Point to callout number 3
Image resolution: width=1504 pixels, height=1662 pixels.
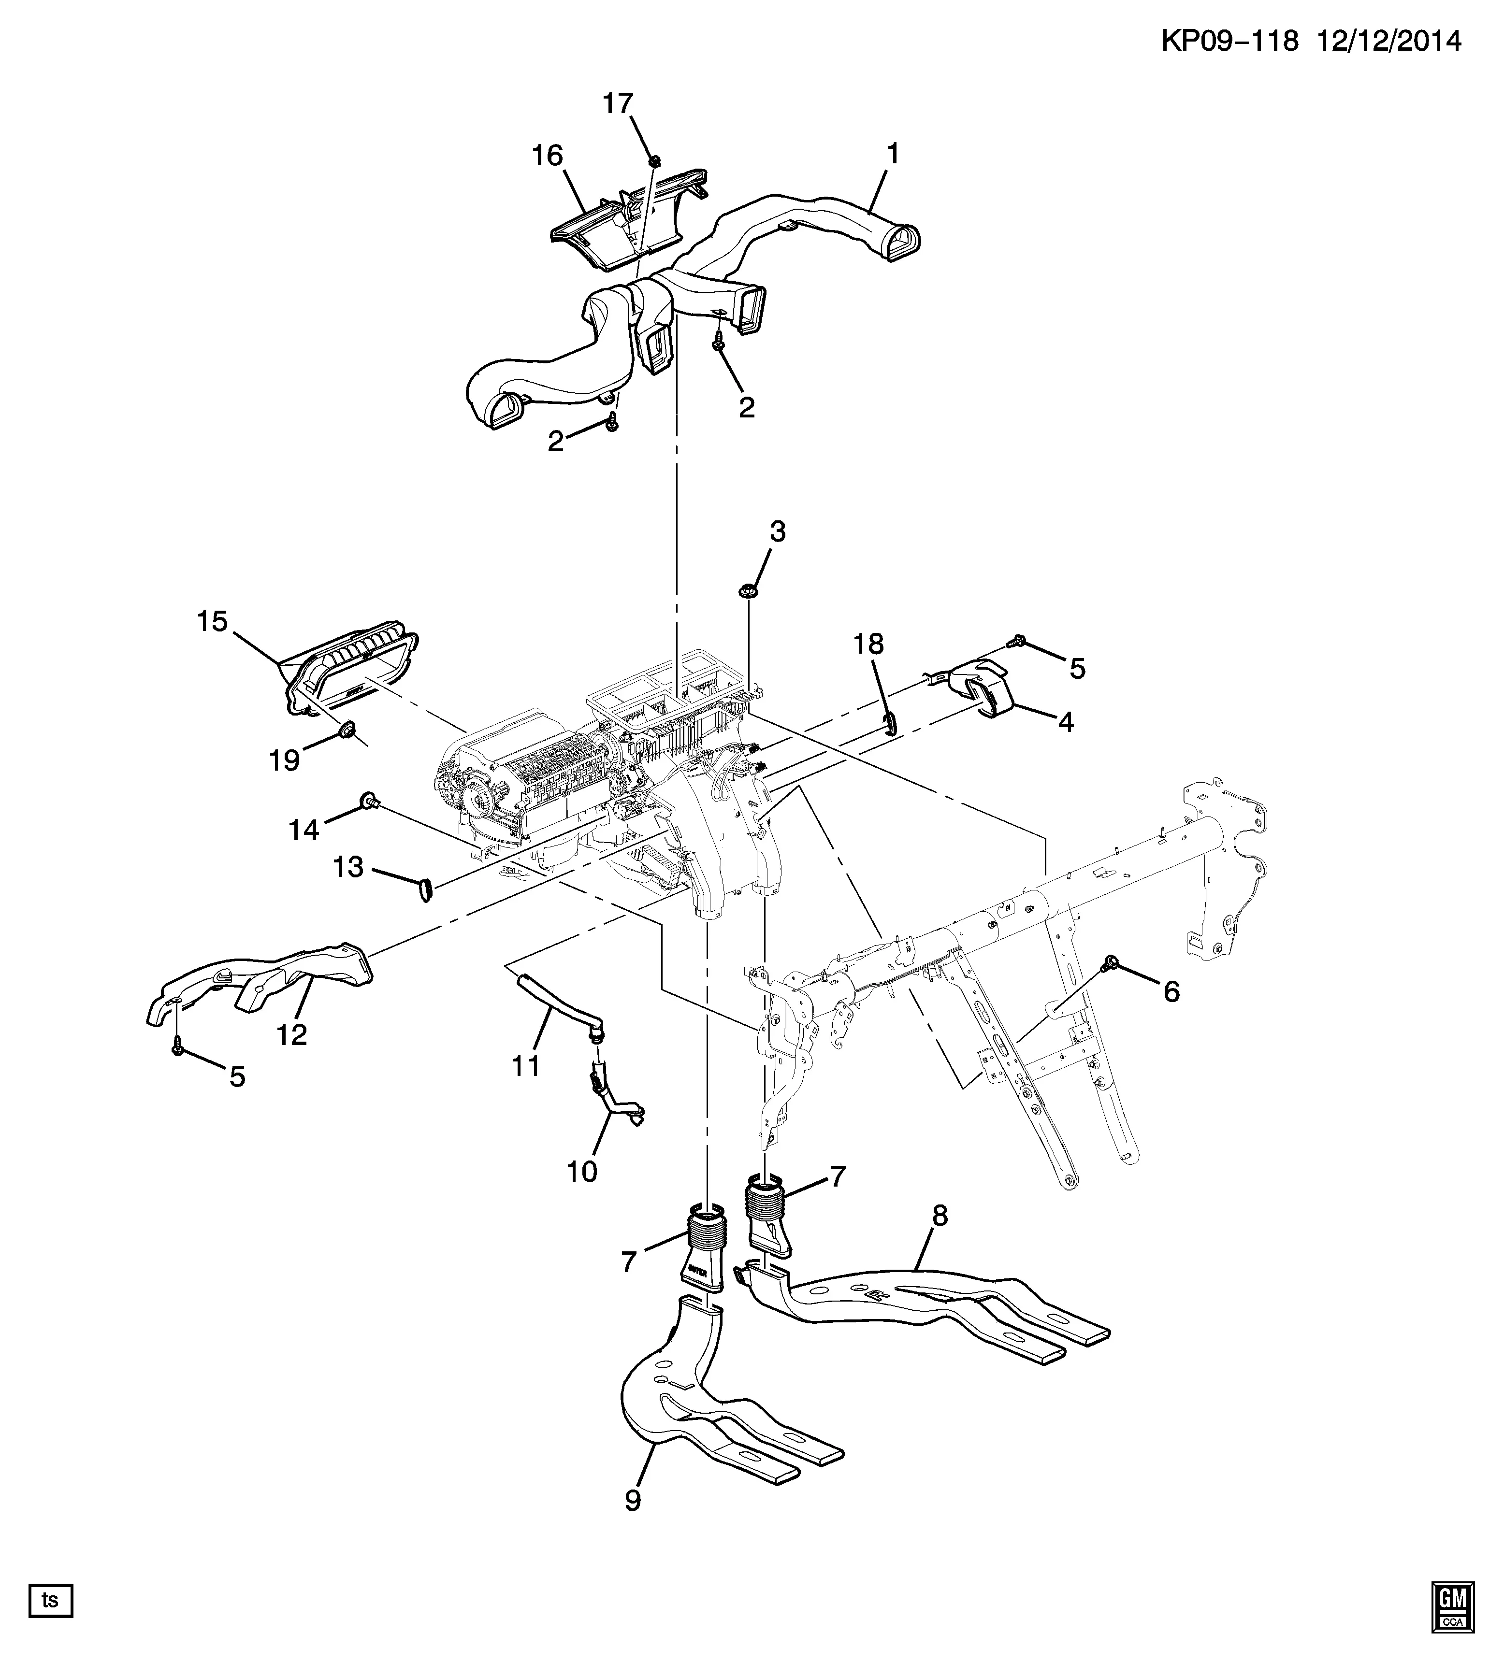(778, 532)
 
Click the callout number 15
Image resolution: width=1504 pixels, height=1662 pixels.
(212, 621)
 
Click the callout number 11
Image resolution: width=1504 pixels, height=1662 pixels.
(525, 1066)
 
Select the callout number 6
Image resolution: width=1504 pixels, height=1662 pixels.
(1171, 992)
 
